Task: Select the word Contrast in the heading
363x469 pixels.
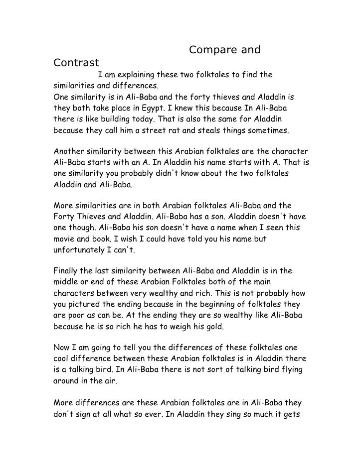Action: [x=76, y=63]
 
